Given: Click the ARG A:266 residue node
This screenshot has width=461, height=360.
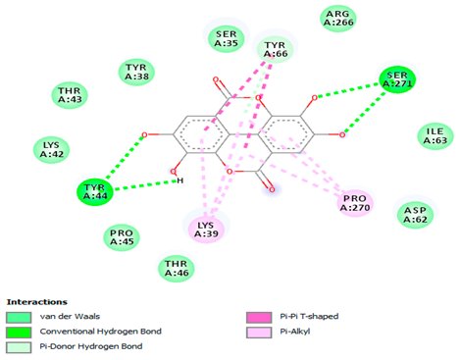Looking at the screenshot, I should point(339,17).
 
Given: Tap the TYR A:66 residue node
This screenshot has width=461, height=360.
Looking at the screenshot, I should point(276,48).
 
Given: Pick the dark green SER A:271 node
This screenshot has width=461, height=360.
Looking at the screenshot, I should point(396,80).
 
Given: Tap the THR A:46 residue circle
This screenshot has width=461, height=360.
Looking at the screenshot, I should point(175,267).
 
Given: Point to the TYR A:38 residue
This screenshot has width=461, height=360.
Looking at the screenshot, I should point(135,72).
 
